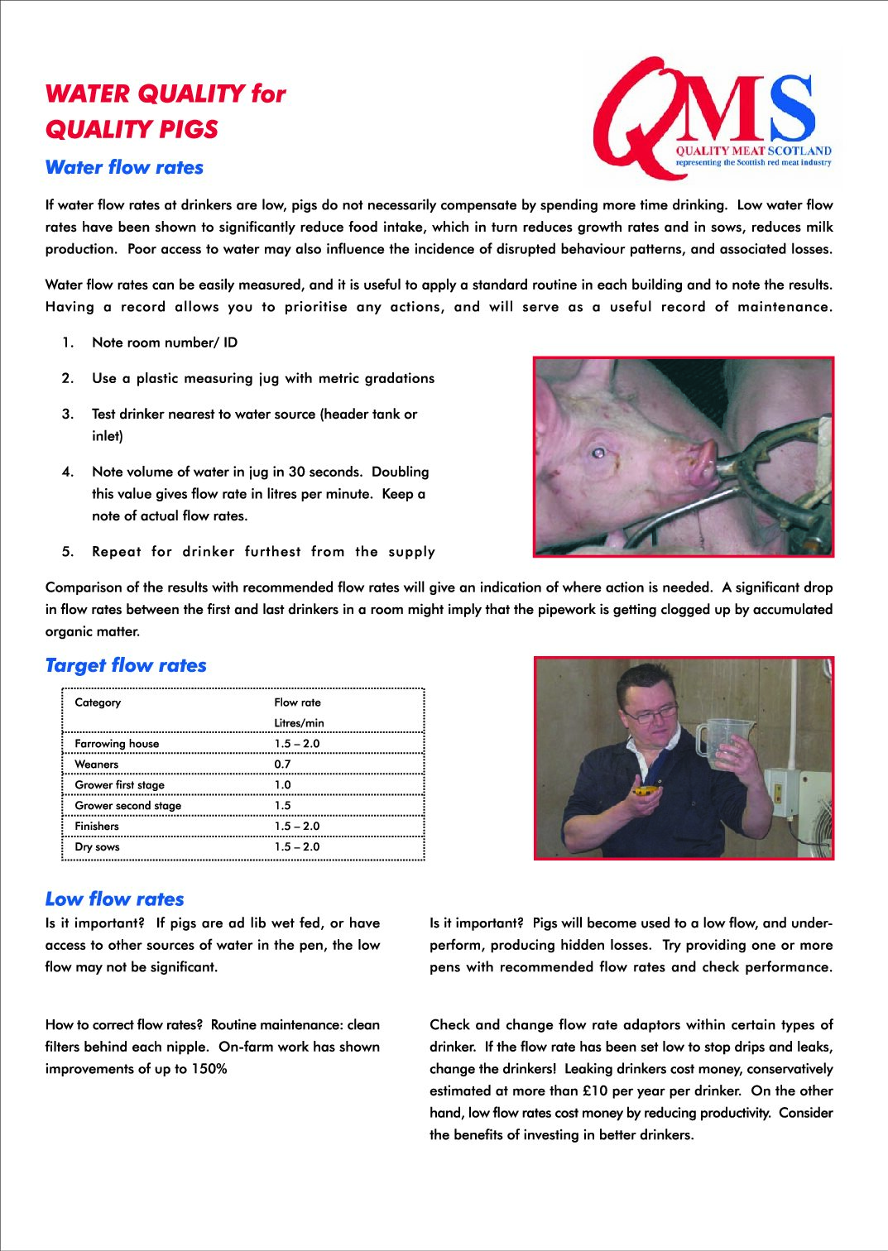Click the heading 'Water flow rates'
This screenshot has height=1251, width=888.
click(x=124, y=167)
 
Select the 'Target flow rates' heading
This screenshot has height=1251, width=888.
click(x=126, y=665)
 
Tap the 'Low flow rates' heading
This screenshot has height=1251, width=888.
click(x=114, y=899)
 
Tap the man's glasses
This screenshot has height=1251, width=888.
click(x=649, y=713)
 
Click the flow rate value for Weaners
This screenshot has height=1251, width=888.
click(x=282, y=764)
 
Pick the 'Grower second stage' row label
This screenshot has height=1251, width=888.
click(x=127, y=806)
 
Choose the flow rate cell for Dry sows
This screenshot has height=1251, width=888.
click(x=296, y=847)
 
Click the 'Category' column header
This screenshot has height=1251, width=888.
click(x=98, y=702)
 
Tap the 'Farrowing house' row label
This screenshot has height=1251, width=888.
click(x=117, y=744)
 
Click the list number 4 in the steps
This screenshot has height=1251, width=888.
click(x=68, y=472)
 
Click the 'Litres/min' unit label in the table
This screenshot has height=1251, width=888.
click(x=299, y=723)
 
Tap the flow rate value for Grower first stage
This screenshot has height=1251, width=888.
click(x=282, y=785)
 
